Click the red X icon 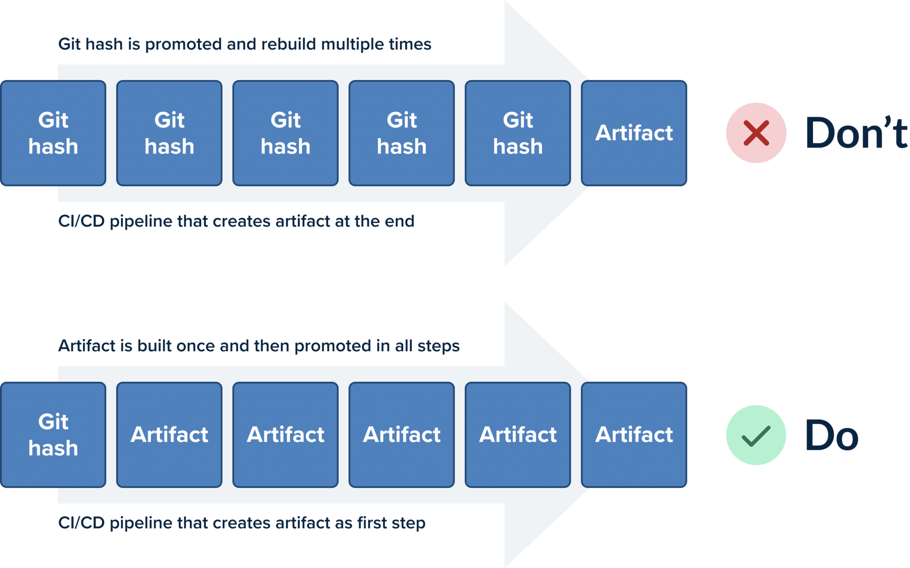pos(756,133)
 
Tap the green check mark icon pos(756,436)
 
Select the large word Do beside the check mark pos(832,435)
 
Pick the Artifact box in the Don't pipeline pos(634,133)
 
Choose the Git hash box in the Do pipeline pos(53,435)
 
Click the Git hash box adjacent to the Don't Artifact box pos(518,133)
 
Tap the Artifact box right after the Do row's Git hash pos(170,435)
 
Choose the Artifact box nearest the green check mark pos(634,435)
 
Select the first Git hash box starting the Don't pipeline pos(53,133)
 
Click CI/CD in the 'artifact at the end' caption pos(81,221)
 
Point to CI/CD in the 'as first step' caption pos(81,523)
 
